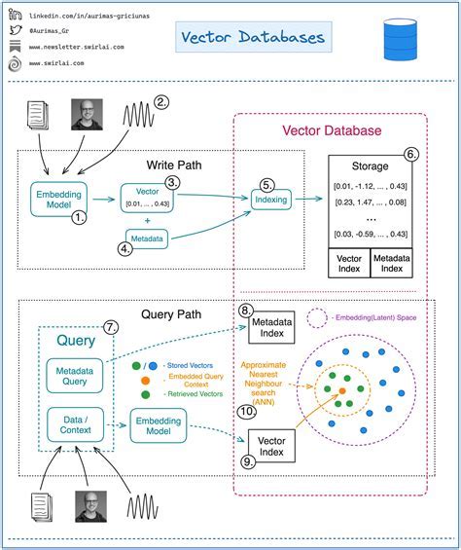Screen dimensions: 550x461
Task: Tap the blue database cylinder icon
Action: [399, 39]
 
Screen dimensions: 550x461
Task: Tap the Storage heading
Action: [370, 166]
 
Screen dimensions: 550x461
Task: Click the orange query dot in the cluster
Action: [342, 392]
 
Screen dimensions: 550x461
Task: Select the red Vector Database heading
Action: [332, 130]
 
